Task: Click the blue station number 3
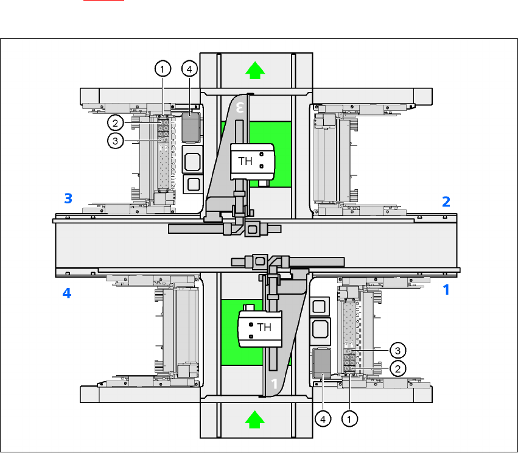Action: (69, 198)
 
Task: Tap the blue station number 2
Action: (446, 202)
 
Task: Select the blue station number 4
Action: (68, 293)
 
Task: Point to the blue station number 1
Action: (446, 290)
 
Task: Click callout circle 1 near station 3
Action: (162, 69)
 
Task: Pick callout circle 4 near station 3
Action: (189, 69)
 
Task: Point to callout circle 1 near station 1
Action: (349, 419)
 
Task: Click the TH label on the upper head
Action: (245, 162)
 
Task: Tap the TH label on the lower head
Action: (264, 327)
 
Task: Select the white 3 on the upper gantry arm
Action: (241, 108)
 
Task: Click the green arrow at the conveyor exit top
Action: (256, 71)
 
